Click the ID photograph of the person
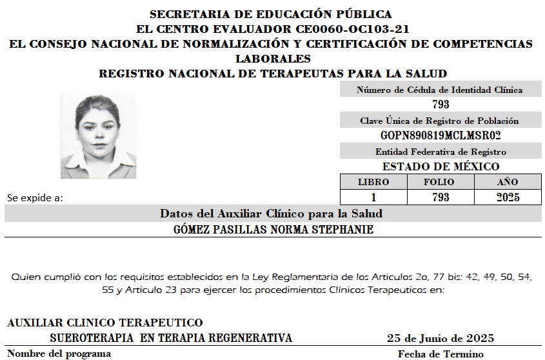[98, 135]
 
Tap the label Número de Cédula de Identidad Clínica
[440, 90]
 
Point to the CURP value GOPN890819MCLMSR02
[441, 135]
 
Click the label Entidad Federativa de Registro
[441, 152]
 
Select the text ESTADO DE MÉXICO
[441, 166]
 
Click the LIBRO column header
[373, 182]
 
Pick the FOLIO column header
[440, 182]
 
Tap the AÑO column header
[508, 182]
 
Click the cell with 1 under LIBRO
[373, 197]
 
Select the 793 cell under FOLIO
[440, 197]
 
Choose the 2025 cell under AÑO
[508, 197]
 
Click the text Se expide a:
[35, 197]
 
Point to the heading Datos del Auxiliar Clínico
[272, 214]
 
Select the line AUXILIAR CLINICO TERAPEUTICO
[104, 323]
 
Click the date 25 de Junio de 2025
[441, 338]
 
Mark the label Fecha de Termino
[441, 354]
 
